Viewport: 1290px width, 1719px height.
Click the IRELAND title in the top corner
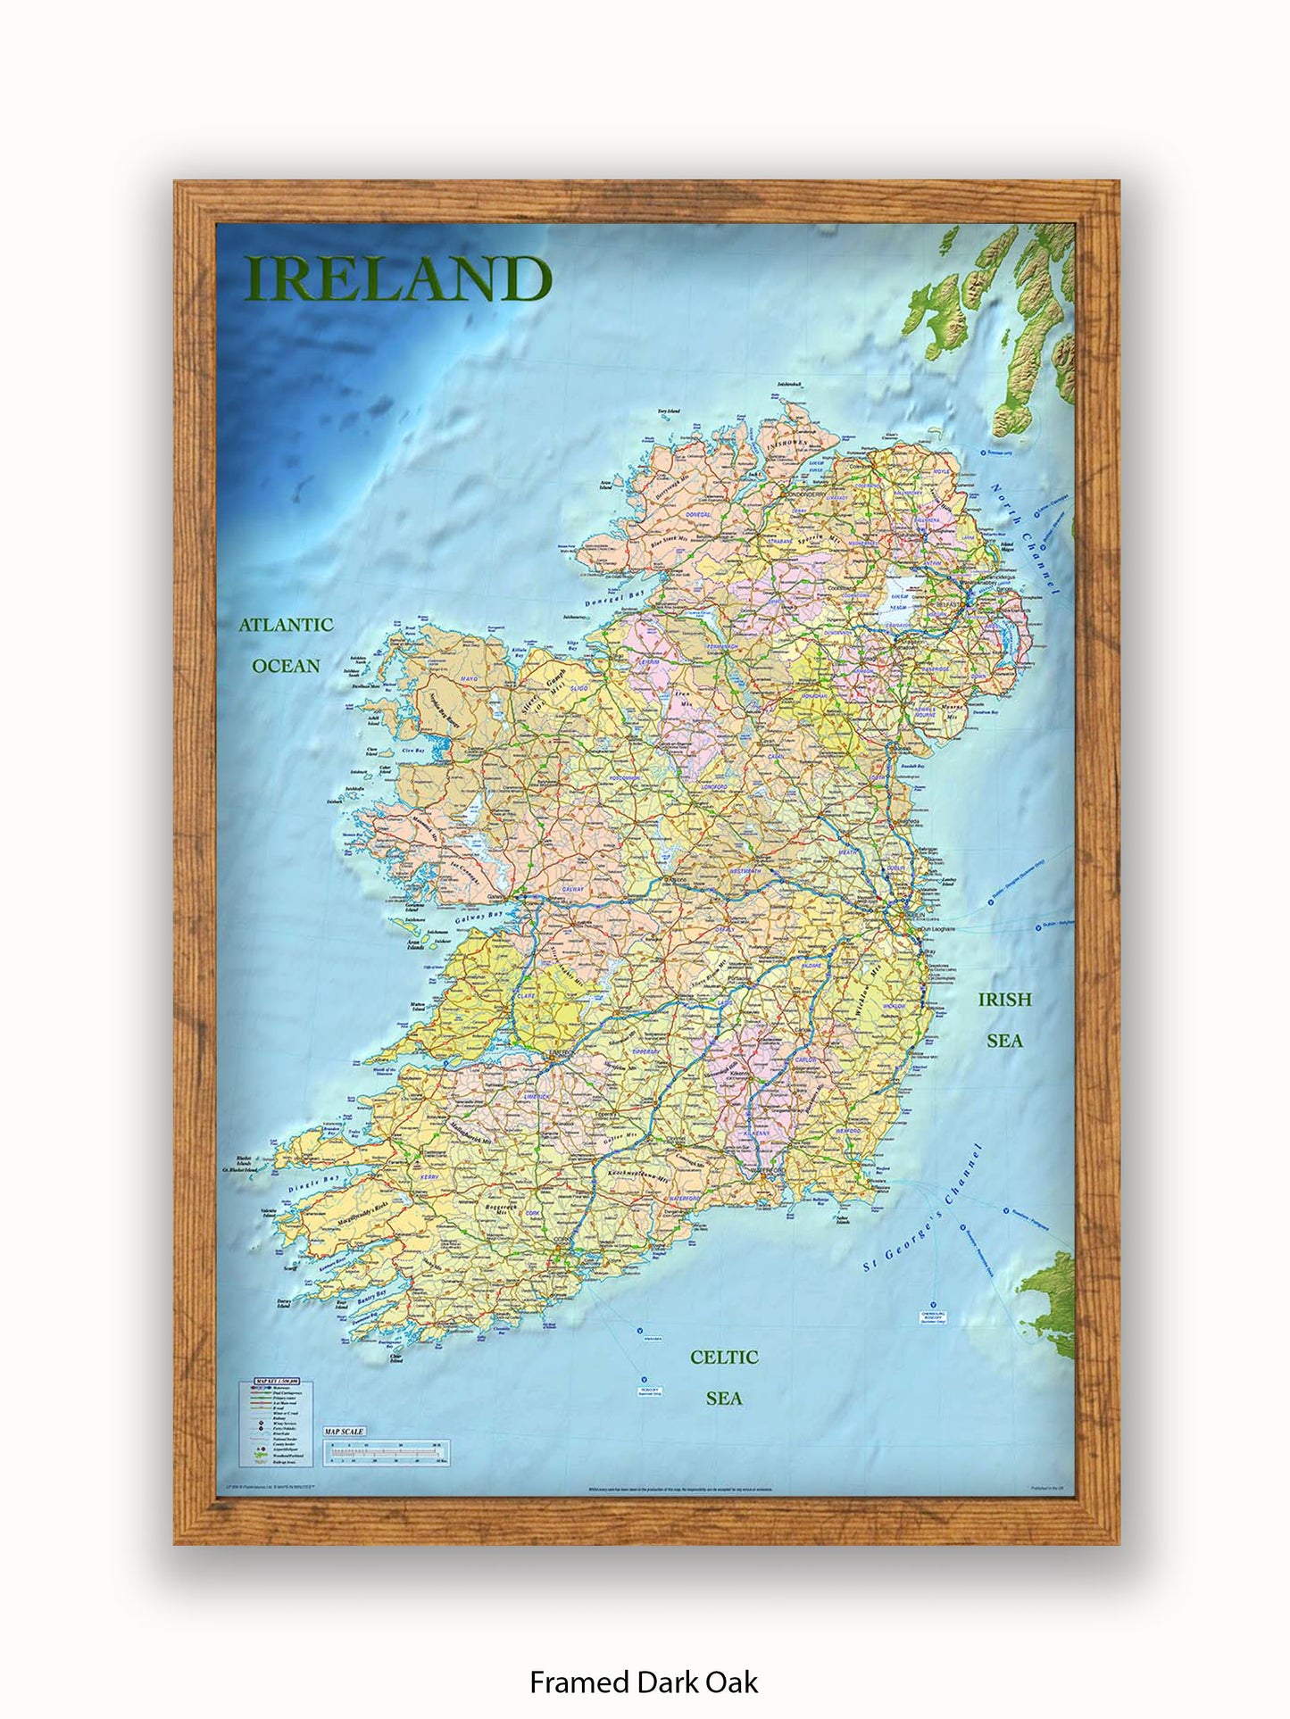coord(398,278)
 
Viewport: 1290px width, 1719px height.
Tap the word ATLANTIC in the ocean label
coord(286,625)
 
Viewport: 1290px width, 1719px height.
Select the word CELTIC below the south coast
coord(724,1358)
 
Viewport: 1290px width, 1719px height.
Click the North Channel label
coord(1024,539)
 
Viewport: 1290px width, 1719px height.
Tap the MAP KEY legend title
coord(276,1381)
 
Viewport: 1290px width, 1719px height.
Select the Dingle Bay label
coord(314,1184)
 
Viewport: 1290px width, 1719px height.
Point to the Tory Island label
coord(669,411)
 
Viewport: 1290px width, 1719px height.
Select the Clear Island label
coord(396,1359)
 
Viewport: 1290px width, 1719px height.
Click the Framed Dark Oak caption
coord(644,1682)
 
